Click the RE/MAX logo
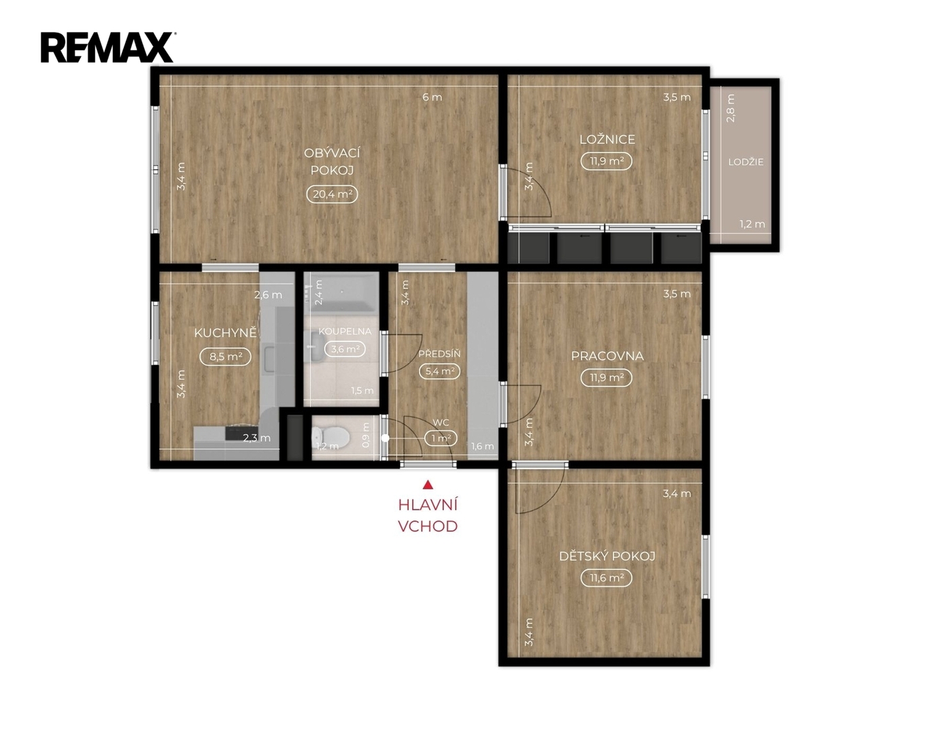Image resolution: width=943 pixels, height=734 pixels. (107, 48)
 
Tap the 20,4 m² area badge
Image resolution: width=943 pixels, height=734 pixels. (332, 194)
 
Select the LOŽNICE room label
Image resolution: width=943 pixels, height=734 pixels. (607, 139)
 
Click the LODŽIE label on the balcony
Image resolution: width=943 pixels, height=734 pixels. (746, 162)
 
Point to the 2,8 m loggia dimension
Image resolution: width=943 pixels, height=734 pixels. (731, 109)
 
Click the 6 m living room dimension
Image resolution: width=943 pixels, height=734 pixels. (432, 97)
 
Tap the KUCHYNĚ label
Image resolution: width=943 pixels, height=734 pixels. (225, 333)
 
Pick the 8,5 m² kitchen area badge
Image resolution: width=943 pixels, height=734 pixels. (225, 357)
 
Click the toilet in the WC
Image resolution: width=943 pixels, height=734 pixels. (330, 436)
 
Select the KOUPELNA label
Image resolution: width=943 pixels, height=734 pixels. (345, 332)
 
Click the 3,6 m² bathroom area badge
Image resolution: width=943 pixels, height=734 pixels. (345, 349)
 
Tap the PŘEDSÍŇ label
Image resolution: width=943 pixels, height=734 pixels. (439, 354)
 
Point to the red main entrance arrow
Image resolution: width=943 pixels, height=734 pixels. (428, 485)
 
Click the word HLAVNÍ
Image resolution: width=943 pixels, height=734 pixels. (428, 506)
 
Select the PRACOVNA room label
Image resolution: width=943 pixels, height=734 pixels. (606, 356)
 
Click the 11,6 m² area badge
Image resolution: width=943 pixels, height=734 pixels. (606, 578)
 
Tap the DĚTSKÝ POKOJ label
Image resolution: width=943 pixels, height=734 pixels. (606, 556)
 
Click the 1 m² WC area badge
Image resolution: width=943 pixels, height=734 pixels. (441, 438)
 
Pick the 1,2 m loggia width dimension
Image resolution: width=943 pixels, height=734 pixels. (752, 224)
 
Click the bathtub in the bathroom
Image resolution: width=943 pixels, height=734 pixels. (341, 292)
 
